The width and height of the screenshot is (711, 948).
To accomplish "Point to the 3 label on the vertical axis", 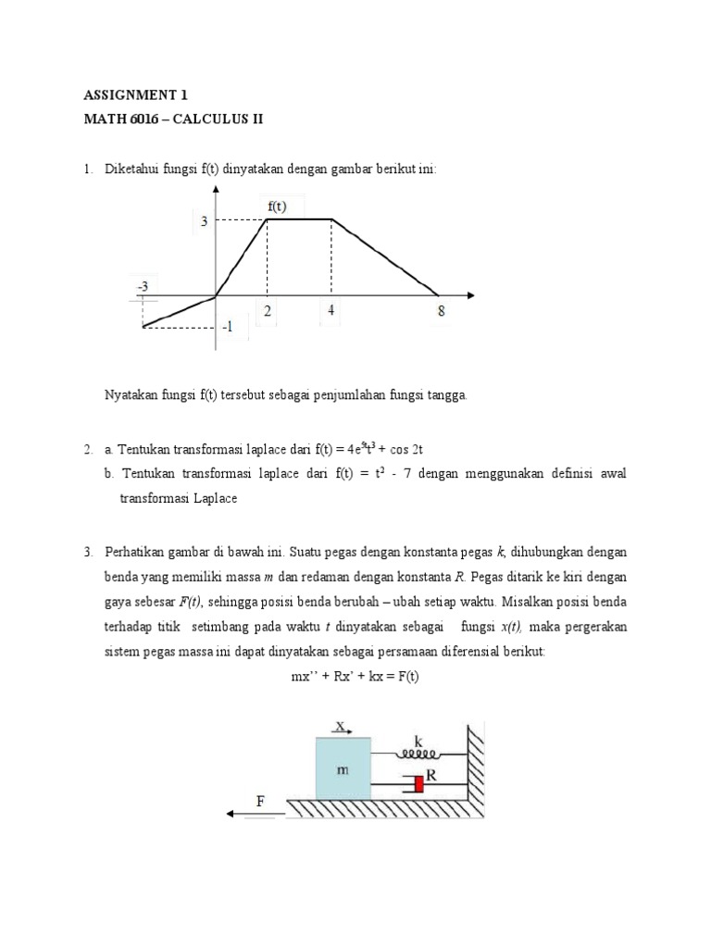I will [204, 221].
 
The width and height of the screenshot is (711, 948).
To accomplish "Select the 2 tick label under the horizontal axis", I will [268, 312].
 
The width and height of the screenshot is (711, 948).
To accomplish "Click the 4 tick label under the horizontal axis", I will [331, 311].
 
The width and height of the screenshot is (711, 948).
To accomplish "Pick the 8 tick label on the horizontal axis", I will [441, 312].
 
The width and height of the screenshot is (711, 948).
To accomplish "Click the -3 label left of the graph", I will [143, 287].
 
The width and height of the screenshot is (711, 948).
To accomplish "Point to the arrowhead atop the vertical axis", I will [216, 189].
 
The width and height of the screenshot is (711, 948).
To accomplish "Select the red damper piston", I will [418, 784].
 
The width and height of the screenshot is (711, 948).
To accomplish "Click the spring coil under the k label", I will [421, 755].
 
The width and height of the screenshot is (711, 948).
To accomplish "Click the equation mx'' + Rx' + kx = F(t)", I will [355, 676].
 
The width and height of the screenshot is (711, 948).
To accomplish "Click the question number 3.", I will [87, 552].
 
